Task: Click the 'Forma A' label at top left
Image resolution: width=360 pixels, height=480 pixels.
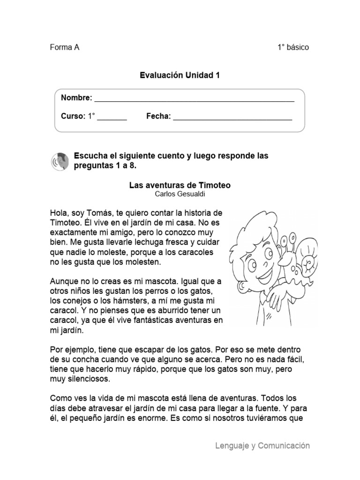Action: tap(64, 47)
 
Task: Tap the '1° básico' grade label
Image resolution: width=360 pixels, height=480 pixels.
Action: tap(293, 47)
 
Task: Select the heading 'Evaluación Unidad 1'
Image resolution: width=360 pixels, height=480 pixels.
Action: tap(180, 75)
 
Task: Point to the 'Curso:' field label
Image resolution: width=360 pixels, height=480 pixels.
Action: tap(73, 116)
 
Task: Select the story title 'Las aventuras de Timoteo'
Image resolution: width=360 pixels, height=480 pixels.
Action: tap(180, 186)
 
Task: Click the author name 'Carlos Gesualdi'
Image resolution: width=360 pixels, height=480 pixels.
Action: tap(180, 194)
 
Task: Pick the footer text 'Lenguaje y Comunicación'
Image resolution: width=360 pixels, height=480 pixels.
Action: tap(262, 446)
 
